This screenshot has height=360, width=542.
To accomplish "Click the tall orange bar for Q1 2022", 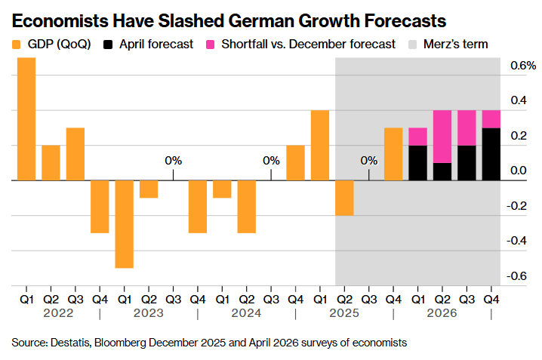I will tap(26, 119).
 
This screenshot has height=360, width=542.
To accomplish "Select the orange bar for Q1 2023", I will tap(125, 224).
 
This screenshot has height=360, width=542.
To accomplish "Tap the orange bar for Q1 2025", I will tap(319, 146).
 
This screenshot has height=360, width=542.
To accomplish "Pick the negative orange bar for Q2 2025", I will tap(344, 198).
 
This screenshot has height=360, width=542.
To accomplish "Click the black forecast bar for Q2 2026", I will tap(442, 172).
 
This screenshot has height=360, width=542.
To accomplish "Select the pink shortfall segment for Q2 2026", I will tap(442, 137).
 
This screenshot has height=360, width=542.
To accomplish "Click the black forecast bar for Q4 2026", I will tap(491, 155).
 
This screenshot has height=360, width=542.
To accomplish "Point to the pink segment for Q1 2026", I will tap(417, 137).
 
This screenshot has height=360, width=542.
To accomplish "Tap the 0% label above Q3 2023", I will tap(174, 160).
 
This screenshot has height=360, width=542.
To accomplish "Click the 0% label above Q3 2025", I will tap(368, 160).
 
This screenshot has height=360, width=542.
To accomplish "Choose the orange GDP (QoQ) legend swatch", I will tap(18, 44).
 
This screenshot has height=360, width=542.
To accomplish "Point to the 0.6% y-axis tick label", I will tap(520, 66).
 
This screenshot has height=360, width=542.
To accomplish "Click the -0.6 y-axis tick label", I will tap(518, 276).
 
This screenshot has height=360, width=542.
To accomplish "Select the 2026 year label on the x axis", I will tap(442, 312).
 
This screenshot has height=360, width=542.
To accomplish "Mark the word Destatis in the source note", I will tap(72, 343).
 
